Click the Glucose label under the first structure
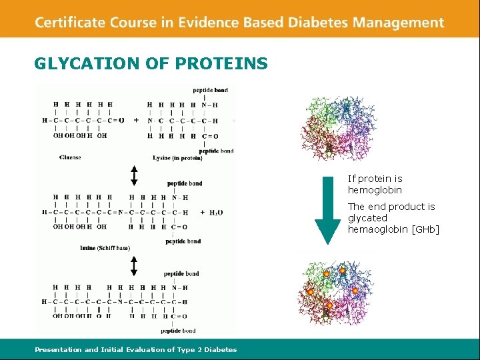click(70, 157)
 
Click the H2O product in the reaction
click(216, 212)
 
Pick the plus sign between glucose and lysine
click(136, 121)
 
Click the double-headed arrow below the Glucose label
click(134, 175)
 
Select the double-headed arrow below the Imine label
click(134, 266)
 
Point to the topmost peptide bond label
click(210, 90)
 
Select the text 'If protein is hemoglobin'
click(375, 184)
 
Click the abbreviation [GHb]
click(425, 229)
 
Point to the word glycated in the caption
click(367, 218)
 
